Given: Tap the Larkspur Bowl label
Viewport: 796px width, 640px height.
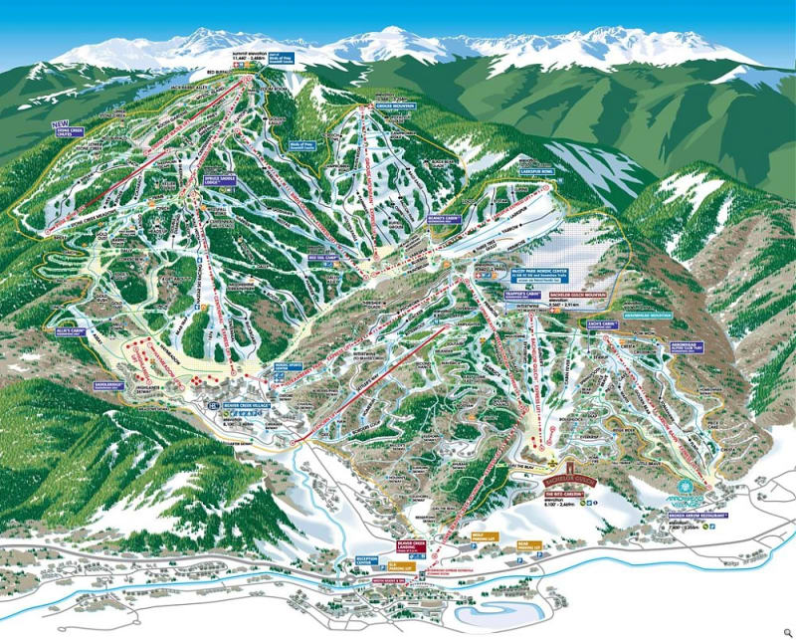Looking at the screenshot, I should [x=535, y=171].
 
